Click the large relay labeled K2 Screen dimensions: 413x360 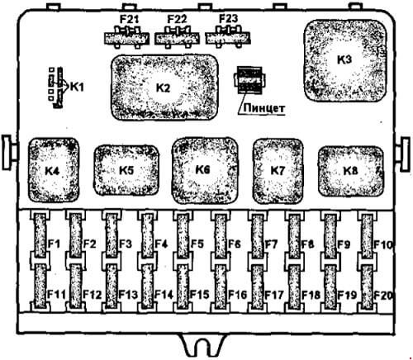[x=164, y=88]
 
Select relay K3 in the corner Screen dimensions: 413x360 [x=345, y=60]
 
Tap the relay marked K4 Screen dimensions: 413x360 [x=54, y=170]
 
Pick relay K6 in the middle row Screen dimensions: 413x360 [x=205, y=170]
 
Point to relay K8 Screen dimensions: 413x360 [x=351, y=171]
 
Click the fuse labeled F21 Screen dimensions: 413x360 [x=126, y=37]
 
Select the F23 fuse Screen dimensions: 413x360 [x=228, y=37]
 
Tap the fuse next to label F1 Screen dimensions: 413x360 [x=40, y=235]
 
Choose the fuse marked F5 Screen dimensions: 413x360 [x=183, y=235]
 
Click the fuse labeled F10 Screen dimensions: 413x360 [x=367, y=235]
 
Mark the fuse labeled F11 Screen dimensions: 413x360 [x=40, y=287]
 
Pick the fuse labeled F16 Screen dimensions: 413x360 [x=221, y=287]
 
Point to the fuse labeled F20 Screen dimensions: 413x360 [x=367, y=287]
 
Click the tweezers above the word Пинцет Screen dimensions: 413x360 [x=249, y=80]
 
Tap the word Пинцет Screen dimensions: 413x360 [x=263, y=108]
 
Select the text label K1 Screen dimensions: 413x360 [x=77, y=87]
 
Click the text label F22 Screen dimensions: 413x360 [x=177, y=19]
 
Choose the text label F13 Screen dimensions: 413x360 [x=128, y=295]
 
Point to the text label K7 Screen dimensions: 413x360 [x=278, y=171]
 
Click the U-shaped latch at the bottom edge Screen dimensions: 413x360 [x=203, y=347]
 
